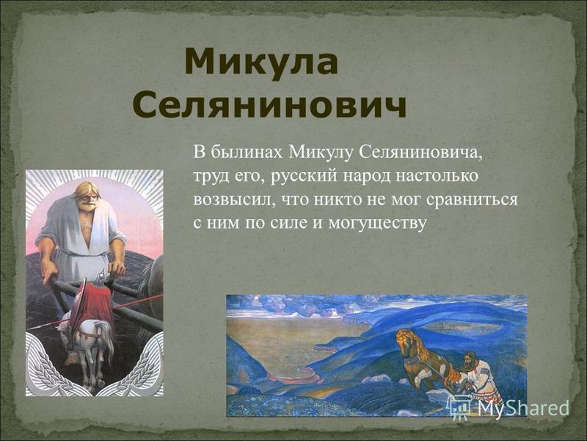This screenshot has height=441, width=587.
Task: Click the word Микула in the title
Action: click(261, 62)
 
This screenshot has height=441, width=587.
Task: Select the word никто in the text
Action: click(334, 200)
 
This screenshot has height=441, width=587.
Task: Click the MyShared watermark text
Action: click(523, 407)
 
